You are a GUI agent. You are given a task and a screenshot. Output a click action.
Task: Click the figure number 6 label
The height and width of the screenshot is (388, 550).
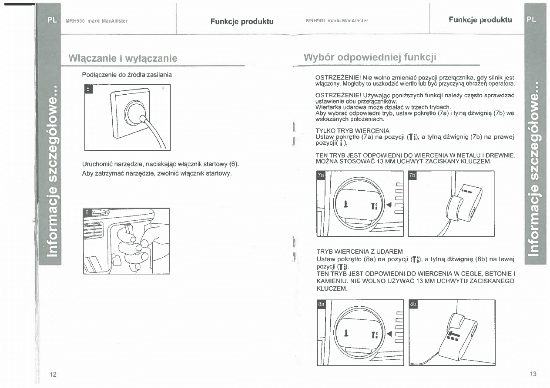click(x=87, y=212)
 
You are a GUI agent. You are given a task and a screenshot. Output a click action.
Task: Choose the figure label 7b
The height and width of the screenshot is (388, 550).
click(x=412, y=175)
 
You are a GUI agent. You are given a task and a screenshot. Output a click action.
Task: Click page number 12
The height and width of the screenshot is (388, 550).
click(x=53, y=375)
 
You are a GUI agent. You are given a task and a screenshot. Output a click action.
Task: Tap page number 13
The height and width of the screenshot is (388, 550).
click(x=533, y=374)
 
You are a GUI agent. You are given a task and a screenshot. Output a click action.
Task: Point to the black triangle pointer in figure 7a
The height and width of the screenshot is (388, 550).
click(x=389, y=205)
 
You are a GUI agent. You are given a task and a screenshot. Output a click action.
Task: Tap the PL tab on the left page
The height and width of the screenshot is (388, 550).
click(x=51, y=20)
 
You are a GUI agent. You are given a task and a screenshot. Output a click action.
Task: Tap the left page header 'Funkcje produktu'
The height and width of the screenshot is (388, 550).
click(x=242, y=21)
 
